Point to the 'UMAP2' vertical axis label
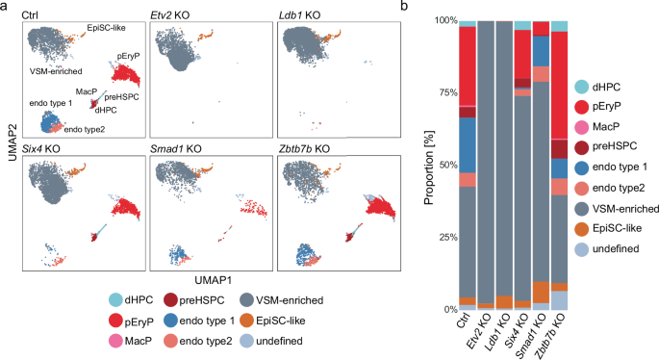pos(9,156)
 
